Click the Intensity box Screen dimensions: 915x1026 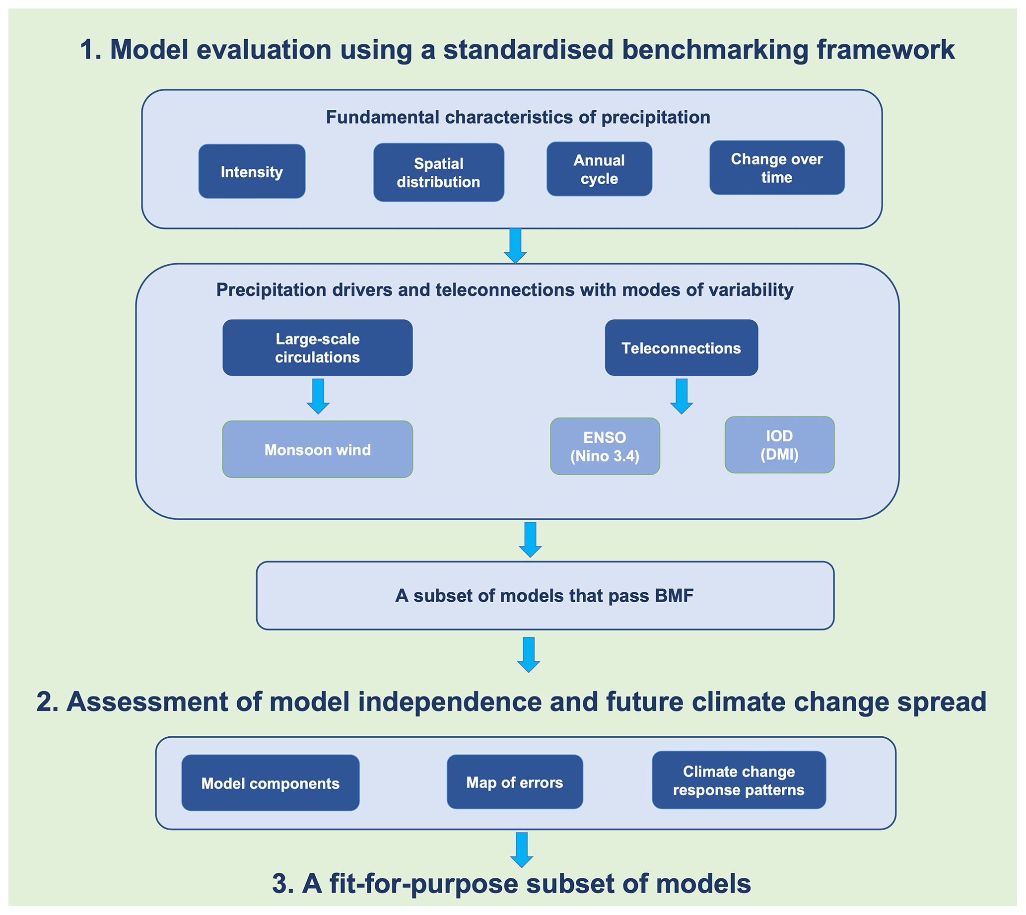tap(251, 171)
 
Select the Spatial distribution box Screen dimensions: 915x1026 tap(438, 172)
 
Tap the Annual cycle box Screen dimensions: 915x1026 tap(599, 169)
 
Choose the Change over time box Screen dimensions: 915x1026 tap(777, 167)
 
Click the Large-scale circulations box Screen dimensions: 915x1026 tap(317, 348)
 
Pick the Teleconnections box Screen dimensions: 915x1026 tap(681, 348)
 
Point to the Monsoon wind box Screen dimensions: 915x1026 tap(317, 449)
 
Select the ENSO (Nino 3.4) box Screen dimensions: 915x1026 tap(605, 446)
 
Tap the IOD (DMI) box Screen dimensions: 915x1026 tap(779, 445)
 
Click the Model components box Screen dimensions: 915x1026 tap(271, 783)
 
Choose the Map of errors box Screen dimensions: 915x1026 tap(514, 782)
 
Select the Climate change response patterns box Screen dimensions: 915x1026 tap(739, 780)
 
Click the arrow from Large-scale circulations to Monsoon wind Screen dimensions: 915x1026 tap(318, 396)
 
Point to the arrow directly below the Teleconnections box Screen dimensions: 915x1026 tap(682, 396)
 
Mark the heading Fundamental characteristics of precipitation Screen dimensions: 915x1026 tap(518, 117)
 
